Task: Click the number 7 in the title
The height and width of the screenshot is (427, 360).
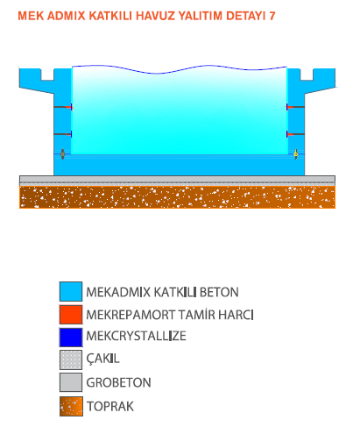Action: (x=272, y=16)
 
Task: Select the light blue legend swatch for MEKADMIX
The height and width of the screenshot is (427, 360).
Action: (x=71, y=291)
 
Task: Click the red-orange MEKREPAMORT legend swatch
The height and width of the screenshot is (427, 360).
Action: (x=71, y=315)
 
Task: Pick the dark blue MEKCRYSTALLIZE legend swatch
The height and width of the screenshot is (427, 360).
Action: (x=71, y=337)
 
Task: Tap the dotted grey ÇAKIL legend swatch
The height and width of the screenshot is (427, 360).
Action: (x=71, y=359)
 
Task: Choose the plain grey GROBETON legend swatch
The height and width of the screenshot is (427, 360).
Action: (x=71, y=382)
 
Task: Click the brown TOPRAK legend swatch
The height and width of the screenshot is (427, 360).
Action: (x=71, y=406)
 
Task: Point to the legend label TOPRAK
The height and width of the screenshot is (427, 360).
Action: (x=110, y=407)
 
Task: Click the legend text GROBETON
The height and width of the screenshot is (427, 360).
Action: (x=118, y=382)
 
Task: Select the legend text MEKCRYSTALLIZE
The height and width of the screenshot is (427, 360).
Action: (x=136, y=336)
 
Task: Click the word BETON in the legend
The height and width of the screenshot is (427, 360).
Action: (x=219, y=292)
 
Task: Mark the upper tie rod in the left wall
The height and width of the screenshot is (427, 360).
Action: (x=63, y=107)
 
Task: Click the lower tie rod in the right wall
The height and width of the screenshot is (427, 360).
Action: (x=295, y=134)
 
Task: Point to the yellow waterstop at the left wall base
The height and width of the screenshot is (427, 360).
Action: (x=62, y=154)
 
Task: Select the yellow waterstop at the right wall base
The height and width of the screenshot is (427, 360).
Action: (x=295, y=154)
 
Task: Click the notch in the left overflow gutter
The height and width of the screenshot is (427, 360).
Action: (x=47, y=75)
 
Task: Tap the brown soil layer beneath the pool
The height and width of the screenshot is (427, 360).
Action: (x=177, y=197)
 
